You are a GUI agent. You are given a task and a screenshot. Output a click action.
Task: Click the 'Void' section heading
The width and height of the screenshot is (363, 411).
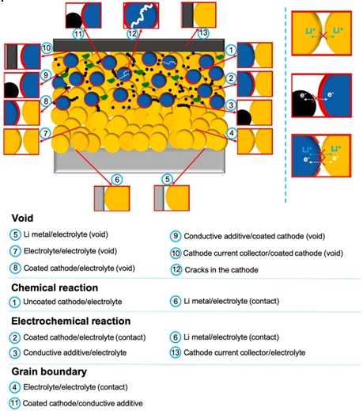(x=22, y=218)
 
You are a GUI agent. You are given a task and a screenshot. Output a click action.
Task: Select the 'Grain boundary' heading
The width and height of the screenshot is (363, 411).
(x=49, y=371)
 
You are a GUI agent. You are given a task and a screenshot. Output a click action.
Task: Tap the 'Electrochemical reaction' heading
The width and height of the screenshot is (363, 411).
(x=71, y=321)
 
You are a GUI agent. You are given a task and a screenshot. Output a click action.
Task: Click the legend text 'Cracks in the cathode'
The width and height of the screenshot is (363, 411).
(x=221, y=270)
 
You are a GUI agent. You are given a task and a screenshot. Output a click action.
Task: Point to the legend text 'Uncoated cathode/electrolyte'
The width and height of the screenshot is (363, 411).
(x=73, y=302)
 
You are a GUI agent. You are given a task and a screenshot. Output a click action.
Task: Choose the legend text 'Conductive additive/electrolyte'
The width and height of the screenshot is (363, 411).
(x=75, y=352)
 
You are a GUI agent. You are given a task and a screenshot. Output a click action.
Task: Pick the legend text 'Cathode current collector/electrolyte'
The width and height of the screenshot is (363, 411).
(x=244, y=352)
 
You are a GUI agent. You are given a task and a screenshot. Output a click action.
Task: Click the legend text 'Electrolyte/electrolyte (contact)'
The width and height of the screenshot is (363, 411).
(x=75, y=387)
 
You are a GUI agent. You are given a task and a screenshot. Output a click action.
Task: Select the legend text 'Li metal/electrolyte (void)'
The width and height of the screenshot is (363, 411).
(x=66, y=234)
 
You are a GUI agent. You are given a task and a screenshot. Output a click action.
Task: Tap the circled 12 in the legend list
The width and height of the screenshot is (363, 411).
(x=176, y=270)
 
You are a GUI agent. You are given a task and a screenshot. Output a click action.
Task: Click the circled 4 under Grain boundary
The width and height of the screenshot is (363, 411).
(x=15, y=387)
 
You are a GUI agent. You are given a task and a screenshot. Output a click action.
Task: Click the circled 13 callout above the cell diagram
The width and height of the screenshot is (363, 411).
(x=203, y=33)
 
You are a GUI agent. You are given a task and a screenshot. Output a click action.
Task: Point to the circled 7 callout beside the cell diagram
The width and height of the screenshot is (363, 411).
(x=46, y=133)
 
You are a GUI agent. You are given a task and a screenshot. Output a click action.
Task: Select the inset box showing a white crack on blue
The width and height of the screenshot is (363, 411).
(x=141, y=15)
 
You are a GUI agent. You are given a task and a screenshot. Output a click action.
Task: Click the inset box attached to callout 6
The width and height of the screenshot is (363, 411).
(x=112, y=198)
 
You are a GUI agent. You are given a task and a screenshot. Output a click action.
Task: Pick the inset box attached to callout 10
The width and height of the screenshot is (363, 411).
(x=22, y=56)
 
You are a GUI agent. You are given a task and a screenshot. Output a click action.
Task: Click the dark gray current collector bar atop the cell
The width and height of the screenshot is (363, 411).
(x=139, y=45)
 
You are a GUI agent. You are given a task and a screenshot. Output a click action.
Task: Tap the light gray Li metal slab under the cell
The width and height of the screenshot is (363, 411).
(x=139, y=161)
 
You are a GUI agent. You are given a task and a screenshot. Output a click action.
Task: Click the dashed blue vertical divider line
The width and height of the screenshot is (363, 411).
(x=285, y=105)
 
